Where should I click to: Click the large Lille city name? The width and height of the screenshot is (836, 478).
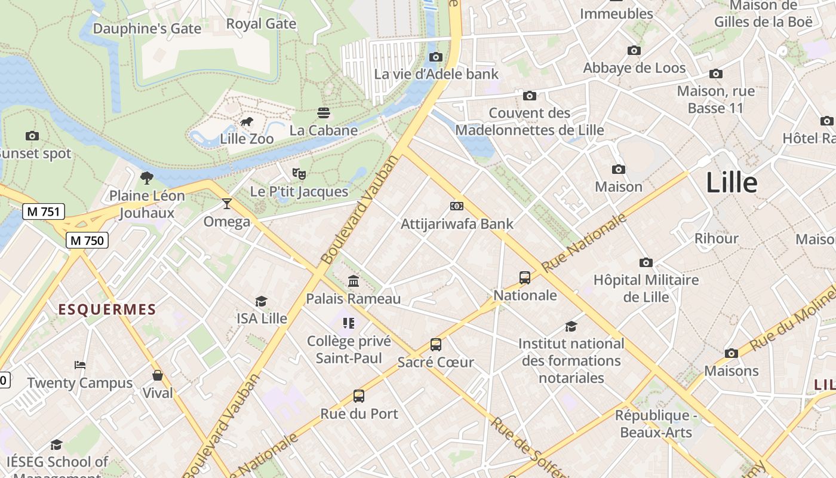[732, 183]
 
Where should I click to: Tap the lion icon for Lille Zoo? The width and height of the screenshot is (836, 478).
[246, 122]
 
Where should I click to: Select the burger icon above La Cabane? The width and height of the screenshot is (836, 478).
[324, 113]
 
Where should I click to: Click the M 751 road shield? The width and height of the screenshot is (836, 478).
[44, 211]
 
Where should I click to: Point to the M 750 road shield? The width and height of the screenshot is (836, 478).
[87, 240]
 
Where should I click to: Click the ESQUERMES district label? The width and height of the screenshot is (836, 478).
[107, 310]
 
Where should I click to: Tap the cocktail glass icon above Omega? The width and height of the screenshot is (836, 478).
[226, 204]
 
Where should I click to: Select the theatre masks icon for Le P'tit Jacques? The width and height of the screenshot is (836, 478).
[299, 174]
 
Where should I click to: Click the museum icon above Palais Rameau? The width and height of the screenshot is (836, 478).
[354, 281]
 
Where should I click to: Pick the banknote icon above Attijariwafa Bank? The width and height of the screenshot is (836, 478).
[457, 206]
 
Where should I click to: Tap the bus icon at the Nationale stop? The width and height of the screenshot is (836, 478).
[525, 277]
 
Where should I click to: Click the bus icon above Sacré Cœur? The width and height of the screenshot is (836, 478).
[436, 345]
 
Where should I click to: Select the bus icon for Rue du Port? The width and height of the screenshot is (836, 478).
[359, 396]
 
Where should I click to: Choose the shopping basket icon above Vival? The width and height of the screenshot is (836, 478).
[158, 375]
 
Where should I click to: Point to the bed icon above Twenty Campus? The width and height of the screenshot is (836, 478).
[80, 365]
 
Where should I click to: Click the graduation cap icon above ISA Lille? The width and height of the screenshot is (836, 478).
[262, 301]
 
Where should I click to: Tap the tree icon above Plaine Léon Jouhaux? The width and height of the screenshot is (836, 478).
[146, 177]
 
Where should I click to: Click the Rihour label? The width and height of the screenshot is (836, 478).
[716, 238]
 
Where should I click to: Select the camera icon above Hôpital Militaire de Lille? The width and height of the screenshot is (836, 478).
[646, 262]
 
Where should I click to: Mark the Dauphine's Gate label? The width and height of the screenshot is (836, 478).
[147, 28]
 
